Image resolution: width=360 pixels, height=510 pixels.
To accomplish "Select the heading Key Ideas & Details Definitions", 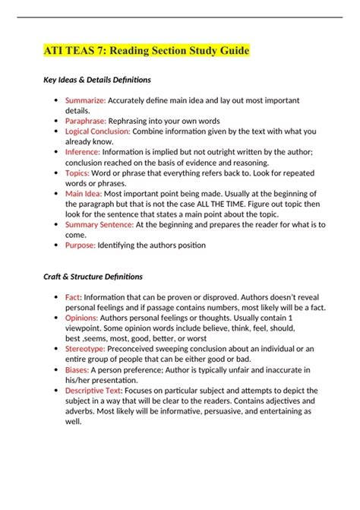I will coord(96,80).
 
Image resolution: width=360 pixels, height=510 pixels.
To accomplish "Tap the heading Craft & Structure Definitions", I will coord(93,277).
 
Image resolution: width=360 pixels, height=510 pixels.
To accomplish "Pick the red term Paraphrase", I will coord(87,120).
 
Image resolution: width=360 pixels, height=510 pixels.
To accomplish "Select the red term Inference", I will coord(84,151).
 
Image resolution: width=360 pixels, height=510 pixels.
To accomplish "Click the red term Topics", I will coord(79,172).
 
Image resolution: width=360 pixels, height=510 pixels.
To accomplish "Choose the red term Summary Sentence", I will coord(99,224).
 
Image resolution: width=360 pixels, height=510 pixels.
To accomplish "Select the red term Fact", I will coord(74,297).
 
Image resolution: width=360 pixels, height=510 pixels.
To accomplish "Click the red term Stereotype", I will coord(86,349).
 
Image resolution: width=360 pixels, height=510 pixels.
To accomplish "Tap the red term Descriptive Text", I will coord(95,391).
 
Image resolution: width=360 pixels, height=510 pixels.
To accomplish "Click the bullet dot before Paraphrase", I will coord(58,121).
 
